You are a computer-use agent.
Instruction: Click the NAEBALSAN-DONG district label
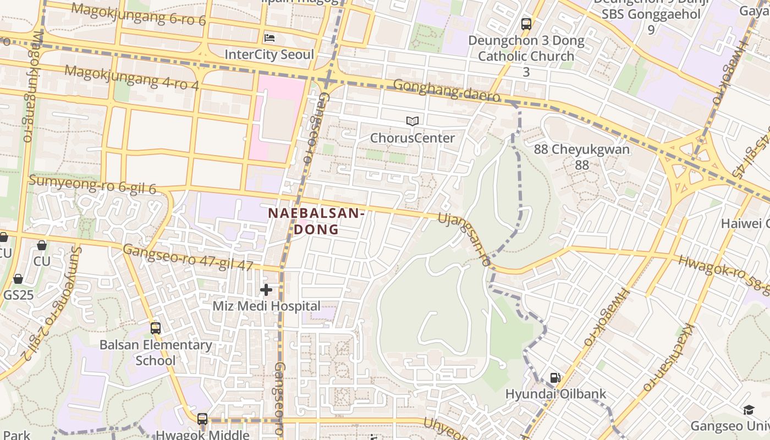[316, 221]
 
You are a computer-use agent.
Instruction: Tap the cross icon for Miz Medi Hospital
[266, 289]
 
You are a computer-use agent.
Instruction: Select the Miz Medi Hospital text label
[266, 306]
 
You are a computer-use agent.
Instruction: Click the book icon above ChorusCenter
[413, 121]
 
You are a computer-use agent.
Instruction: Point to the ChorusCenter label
[413, 138]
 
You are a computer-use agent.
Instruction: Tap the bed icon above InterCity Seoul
[269, 38]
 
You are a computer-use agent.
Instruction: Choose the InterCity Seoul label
[269, 55]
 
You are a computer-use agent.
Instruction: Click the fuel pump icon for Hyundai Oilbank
[555, 377]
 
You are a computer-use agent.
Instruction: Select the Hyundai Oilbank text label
[555, 394]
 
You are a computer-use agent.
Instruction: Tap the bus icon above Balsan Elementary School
[156, 328]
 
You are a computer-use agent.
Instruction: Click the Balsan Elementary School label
[156, 353]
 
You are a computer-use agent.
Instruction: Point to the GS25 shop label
[18, 295]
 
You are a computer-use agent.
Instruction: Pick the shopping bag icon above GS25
[18, 279]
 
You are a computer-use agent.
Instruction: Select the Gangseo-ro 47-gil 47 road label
[188, 258]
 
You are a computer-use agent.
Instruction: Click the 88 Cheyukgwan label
[582, 156]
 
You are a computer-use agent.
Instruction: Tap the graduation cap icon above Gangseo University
[749, 410]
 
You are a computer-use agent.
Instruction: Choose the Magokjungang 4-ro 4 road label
[131, 77]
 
